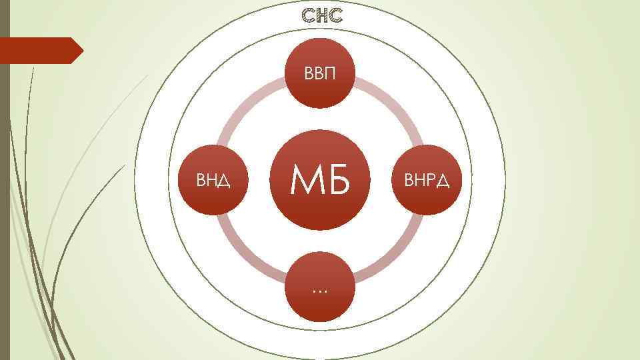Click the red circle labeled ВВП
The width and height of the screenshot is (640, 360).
point(320,72)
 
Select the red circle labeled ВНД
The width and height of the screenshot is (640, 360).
point(214,180)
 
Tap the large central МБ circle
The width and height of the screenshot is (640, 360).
point(320,180)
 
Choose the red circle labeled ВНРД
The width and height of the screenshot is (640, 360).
point(425,180)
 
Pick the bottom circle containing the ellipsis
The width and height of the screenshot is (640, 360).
point(320,288)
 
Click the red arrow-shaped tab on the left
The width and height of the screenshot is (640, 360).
point(40,51)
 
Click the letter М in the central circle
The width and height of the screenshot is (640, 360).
point(305,181)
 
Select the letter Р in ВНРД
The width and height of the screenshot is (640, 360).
point(430,180)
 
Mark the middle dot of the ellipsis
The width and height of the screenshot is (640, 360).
point(320,291)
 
